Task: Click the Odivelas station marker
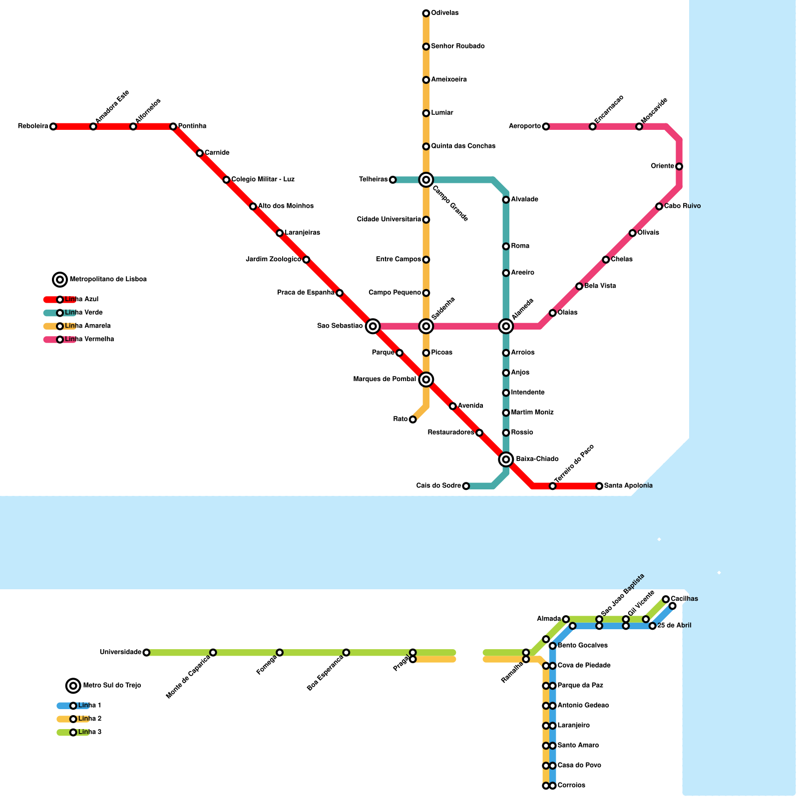tap(426, 13)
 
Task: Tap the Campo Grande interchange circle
tap(426, 180)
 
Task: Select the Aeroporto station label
tap(525, 126)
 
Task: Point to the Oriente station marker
tap(679, 166)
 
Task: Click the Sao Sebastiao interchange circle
tap(373, 326)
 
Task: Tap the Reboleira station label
tap(33, 126)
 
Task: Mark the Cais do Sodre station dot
tap(466, 486)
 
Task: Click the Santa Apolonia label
tap(628, 486)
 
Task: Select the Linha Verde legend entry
tap(83, 313)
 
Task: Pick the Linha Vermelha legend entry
tap(89, 340)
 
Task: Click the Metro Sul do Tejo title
tap(112, 685)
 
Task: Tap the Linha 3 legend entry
tap(89, 732)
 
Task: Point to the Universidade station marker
tap(146, 652)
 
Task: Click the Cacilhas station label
tap(684, 599)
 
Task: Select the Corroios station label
tap(571, 786)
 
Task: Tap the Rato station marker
tap(412, 419)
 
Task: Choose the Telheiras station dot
tap(393, 180)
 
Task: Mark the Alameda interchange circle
tap(506, 326)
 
